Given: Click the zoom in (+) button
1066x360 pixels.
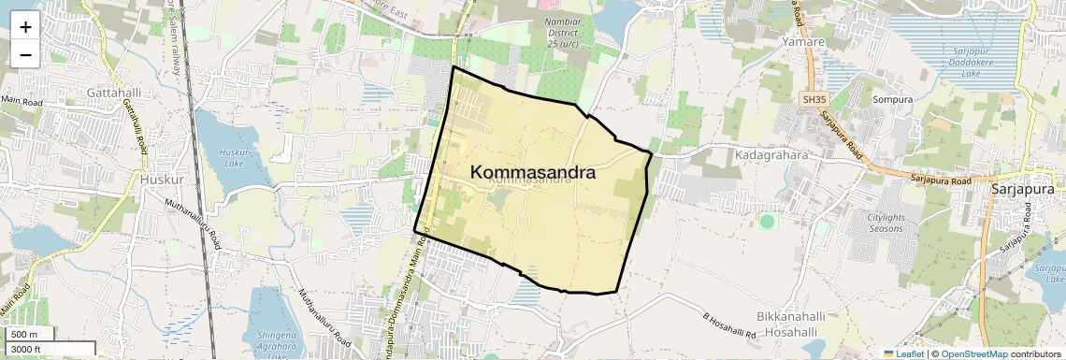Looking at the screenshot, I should (25, 27).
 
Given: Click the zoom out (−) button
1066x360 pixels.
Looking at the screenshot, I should (25, 54).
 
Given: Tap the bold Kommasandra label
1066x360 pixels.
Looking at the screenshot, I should (533, 173).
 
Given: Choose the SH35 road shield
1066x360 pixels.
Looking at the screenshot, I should (814, 99).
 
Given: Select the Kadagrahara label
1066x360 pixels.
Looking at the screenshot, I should (771, 155).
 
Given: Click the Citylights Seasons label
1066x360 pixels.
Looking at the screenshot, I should (873, 223).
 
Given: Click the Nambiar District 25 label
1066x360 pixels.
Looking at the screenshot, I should (564, 33).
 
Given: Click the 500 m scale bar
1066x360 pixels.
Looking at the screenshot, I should (30, 335).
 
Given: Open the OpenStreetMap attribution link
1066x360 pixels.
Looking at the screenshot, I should (973, 353).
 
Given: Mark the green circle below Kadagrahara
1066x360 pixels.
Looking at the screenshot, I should (768, 222).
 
